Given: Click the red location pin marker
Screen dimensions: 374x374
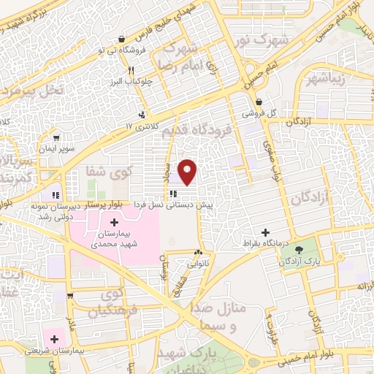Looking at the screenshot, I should tap(188, 170).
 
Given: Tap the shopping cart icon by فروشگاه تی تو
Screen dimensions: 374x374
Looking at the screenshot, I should tap(122, 39).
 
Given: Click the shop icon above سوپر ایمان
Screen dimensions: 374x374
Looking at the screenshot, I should tap(56, 136).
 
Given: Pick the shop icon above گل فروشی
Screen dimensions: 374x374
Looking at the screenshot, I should tap(260, 102).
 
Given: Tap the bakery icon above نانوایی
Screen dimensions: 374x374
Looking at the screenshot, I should tap(198, 252).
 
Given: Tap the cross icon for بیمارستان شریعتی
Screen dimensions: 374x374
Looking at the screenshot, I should tap(54, 338).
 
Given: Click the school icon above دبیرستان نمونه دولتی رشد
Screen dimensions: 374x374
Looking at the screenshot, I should tap(54, 195).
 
